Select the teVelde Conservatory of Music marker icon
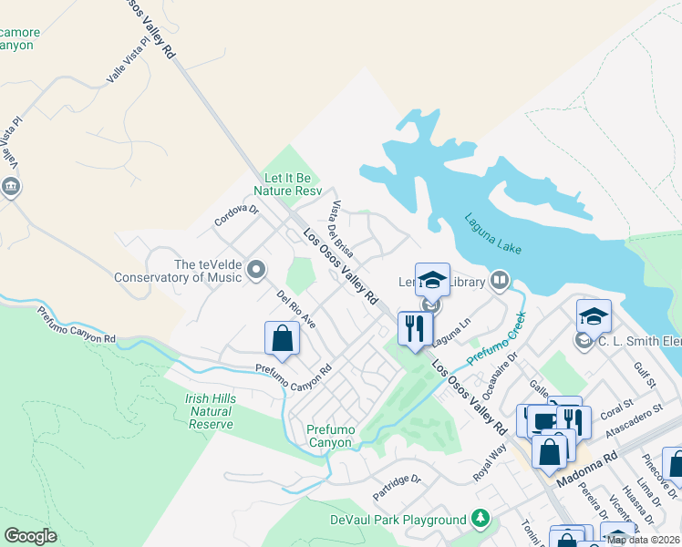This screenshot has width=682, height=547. (x=256, y=269)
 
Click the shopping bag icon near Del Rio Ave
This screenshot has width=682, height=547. (x=283, y=338)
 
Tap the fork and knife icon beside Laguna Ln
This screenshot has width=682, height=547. (x=415, y=327)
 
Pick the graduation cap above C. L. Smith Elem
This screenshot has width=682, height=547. (x=594, y=316)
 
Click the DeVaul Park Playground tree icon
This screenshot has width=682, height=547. (x=480, y=520)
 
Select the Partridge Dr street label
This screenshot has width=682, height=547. (x=397, y=487)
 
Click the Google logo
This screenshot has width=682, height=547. (x=30, y=536)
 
